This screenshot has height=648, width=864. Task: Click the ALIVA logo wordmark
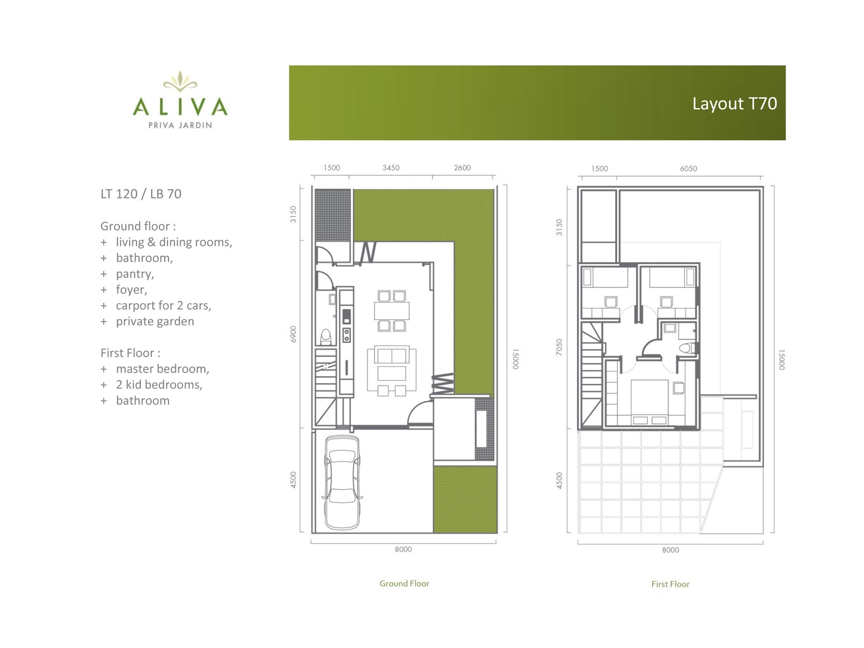coord(180,106)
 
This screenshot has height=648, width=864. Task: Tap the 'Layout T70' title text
coord(734,104)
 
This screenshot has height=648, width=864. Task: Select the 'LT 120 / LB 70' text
coord(141,193)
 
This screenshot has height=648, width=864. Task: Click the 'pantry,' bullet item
coord(135,274)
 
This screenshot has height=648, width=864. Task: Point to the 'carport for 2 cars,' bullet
coord(164,305)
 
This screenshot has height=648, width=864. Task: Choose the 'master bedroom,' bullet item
coord(163,369)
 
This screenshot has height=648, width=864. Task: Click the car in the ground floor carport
coord(342,482)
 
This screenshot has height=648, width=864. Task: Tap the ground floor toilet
coord(326,337)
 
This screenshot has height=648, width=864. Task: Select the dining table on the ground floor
coord(391,311)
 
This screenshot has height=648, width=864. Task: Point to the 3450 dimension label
coord(391,167)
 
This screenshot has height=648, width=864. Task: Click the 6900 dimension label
coord(293,334)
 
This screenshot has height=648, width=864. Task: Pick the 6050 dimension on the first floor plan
coord(688,168)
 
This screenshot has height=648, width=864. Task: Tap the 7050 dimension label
coord(559,347)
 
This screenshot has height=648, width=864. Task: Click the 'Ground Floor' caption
coord(404,584)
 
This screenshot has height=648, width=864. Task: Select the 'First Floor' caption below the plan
coord(670,584)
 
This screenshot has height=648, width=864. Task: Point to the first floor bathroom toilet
coord(687,348)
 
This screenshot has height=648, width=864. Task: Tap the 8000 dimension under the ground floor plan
coord(403,549)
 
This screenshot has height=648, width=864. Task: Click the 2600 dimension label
coord(462,167)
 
